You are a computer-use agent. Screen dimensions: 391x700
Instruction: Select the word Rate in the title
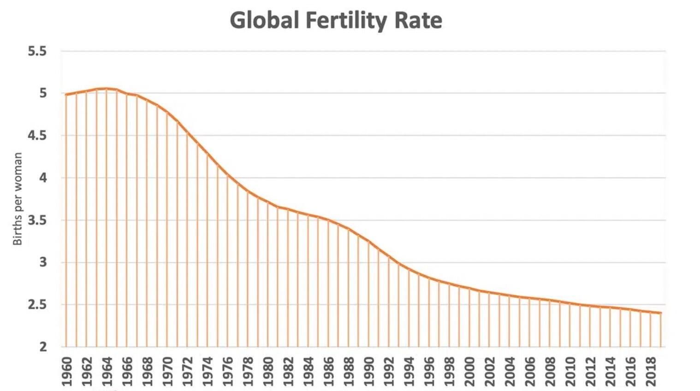point(418,21)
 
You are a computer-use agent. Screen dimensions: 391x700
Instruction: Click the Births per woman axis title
point(18,199)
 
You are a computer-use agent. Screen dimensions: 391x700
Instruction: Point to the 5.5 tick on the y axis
point(37,51)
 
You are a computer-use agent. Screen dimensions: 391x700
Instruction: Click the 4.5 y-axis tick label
point(37,136)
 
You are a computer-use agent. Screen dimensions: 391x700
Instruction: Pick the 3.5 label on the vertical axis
point(37,220)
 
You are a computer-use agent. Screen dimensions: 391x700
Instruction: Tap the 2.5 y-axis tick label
point(37,305)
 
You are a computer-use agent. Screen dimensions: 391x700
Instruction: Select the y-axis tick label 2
point(43,347)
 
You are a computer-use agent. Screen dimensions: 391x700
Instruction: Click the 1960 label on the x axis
point(67,371)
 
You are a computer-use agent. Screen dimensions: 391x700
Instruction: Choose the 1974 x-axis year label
point(208,371)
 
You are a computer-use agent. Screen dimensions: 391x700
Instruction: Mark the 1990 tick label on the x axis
point(369,371)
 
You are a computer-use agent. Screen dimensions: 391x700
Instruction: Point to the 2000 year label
point(470,371)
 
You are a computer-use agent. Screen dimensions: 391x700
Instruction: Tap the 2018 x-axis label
point(651,371)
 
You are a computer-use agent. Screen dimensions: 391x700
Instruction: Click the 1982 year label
point(289,371)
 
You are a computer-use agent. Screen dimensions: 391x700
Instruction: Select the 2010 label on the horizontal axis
point(570,371)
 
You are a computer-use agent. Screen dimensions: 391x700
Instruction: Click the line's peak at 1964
point(107,89)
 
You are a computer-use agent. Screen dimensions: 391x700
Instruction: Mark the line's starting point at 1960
point(66,95)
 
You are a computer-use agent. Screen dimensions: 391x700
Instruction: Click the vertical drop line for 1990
point(368,295)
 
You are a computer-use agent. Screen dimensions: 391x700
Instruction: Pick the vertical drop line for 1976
point(227,263)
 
